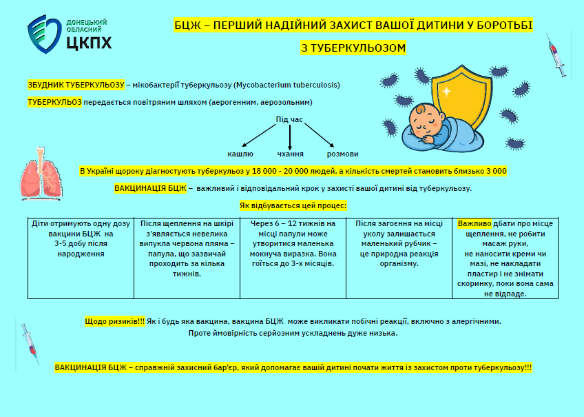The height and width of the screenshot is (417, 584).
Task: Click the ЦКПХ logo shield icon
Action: coord(43,35)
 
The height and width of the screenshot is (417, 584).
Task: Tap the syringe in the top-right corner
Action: coord(556,58)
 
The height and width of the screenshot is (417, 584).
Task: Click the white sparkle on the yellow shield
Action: coord(446,91)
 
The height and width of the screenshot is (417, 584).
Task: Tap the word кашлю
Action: coord(240,154)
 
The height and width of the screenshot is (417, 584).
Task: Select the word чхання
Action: coord(290,154)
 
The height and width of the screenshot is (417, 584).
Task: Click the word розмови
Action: coord(342,154)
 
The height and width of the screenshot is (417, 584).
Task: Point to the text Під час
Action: coord(289,119)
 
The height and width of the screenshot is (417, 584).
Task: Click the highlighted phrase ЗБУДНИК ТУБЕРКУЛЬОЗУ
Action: coord(76,85)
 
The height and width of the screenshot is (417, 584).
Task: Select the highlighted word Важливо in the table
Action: coord(474,224)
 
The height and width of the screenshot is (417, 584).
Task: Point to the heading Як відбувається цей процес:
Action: coord(292,205)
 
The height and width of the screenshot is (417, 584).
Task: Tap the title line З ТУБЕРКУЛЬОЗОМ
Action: coord(353,48)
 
